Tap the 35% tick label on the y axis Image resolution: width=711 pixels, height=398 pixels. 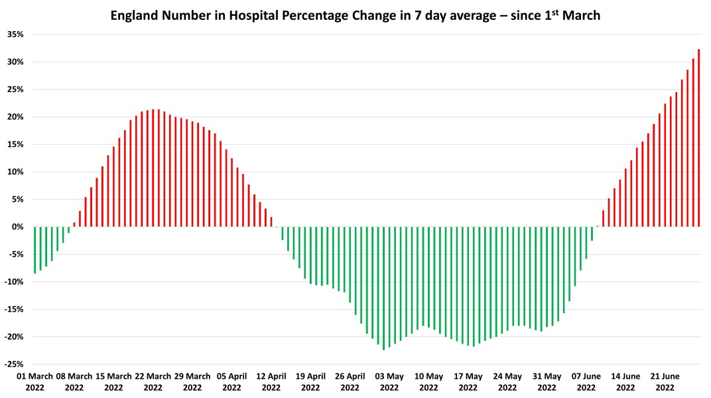click(15, 34)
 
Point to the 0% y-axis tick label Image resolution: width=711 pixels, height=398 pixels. click(17, 227)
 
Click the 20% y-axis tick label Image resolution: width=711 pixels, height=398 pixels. click(15, 117)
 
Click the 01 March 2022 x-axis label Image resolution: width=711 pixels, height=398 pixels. click(34, 381)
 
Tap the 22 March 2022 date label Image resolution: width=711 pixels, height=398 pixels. click(153, 381)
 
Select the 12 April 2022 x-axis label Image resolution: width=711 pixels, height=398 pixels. click(271, 381)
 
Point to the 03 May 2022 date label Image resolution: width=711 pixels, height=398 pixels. click(389, 381)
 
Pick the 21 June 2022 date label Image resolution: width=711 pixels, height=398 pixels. click(665, 381)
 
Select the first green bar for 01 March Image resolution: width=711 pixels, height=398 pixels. click(34, 250)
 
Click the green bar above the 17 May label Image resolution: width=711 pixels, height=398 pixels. click(468, 286)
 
